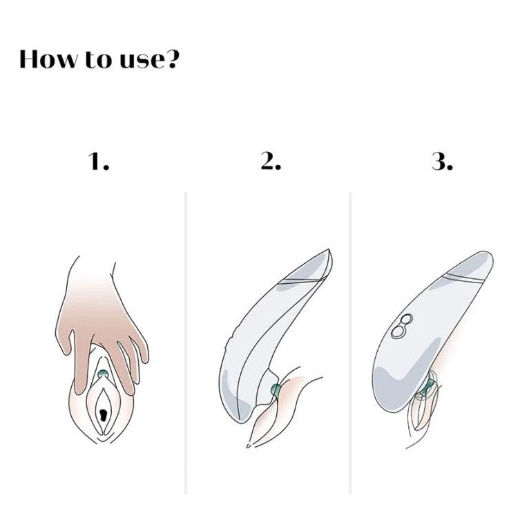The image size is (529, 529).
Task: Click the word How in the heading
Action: click(x=48, y=59)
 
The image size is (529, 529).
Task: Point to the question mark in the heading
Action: click(x=171, y=59)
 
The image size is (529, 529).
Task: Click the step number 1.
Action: click(x=99, y=161)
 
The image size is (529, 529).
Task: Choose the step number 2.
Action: click(x=271, y=161)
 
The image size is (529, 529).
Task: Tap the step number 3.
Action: click(x=442, y=161)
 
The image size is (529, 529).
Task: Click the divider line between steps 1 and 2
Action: click(x=186, y=343)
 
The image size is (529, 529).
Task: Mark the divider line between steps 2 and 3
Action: click(x=350, y=343)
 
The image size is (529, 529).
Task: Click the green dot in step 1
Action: click(x=102, y=374)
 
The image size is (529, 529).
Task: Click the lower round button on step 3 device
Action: click(x=397, y=331)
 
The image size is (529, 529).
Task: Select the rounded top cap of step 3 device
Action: click(x=472, y=265)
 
